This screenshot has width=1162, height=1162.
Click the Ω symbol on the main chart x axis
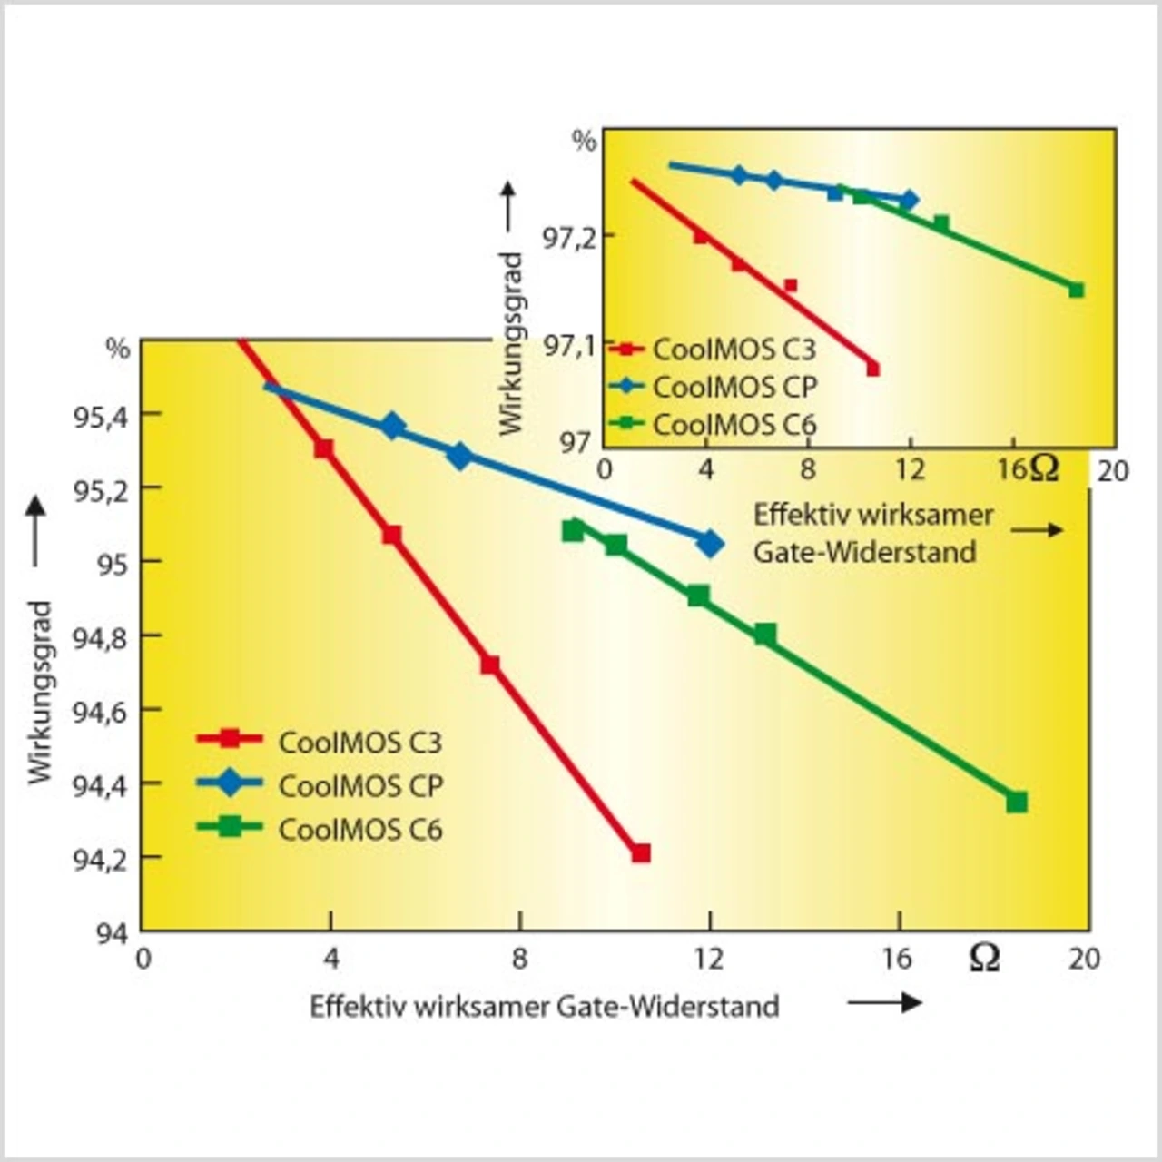[984, 958]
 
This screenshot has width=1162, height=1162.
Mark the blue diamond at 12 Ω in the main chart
[710, 544]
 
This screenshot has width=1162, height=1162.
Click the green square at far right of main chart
[1017, 802]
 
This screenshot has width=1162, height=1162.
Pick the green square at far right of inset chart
[1077, 290]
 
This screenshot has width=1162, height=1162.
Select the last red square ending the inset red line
[873, 369]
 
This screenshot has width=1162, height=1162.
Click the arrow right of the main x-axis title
[884, 1002]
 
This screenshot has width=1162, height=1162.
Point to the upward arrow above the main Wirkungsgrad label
[35, 531]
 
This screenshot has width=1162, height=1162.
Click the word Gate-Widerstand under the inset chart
[864, 552]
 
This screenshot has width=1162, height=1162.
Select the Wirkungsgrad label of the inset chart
[512, 343]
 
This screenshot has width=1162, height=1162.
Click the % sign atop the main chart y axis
[118, 349]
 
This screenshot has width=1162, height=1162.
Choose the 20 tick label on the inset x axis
[1113, 470]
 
